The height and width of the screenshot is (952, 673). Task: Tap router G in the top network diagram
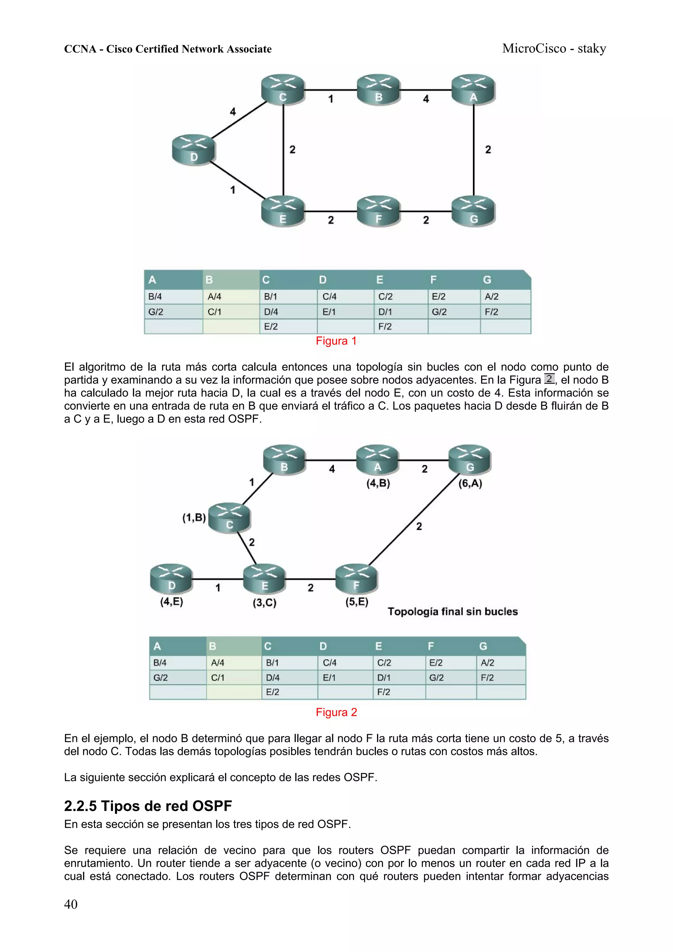[x=473, y=211]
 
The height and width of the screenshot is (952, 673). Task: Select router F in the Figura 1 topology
[x=378, y=211]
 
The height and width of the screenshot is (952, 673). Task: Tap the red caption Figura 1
[x=336, y=341]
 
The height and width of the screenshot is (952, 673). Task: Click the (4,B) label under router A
[x=378, y=483]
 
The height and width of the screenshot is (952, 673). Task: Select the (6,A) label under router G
[x=470, y=483]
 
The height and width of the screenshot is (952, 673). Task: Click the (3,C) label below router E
[x=265, y=602]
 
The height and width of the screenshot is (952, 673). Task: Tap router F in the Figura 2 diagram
[x=356, y=578]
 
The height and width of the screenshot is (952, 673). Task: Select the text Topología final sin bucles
[x=453, y=612]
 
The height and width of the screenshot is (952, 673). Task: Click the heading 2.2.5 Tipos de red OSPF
[x=148, y=806]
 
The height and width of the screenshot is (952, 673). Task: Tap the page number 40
[x=71, y=904]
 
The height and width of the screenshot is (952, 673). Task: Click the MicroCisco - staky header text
[x=554, y=49]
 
